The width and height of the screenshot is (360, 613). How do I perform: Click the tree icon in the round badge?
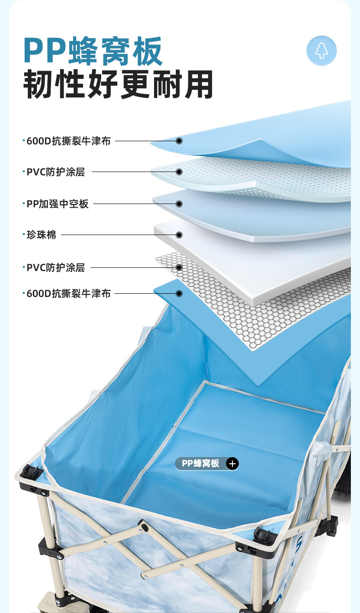tap(322, 51)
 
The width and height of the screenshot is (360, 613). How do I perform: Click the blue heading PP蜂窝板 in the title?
tap(93, 51)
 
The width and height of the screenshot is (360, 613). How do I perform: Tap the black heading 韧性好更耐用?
tap(118, 84)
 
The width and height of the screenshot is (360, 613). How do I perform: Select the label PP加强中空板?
tap(57, 204)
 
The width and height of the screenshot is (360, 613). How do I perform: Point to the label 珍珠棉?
tap(41, 235)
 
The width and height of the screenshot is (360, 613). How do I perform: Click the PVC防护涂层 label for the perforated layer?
tap(56, 172)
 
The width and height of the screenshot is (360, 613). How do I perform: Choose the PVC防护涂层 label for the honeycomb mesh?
tap(56, 267)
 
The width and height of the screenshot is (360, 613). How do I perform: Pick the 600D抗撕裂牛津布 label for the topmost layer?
tap(68, 141)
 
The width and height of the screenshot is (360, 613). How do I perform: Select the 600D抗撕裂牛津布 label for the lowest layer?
tap(68, 294)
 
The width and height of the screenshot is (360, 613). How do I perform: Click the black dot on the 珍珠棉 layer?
tap(179, 235)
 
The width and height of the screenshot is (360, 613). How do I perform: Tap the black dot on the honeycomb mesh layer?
tap(179, 267)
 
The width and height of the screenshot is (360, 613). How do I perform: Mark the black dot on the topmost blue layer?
tap(179, 141)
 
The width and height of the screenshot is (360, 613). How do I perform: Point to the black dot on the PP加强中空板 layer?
tap(179, 204)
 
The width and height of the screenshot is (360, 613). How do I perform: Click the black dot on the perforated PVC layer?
tap(179, 172)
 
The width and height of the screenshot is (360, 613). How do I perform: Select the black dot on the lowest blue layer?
tap(179, 294)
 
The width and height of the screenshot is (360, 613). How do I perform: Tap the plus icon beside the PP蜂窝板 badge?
tap(232, 464)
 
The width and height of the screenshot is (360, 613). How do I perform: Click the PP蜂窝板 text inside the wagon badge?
tap(201, 464)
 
